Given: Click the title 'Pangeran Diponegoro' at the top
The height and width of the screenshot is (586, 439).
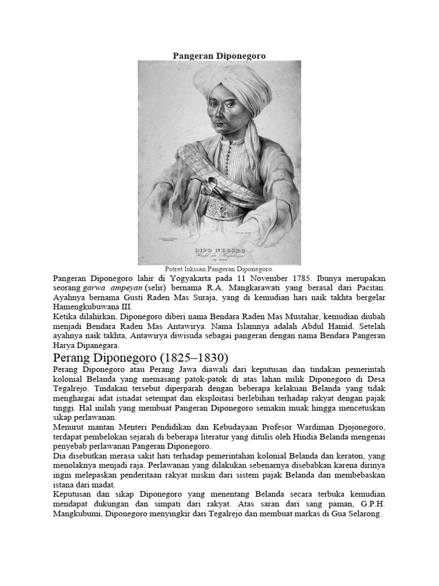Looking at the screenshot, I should pos(219,56).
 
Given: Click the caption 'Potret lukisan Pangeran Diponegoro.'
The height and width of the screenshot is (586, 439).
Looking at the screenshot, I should pos(219,268).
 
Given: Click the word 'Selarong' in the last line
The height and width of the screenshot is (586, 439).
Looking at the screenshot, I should pos(361,514).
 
